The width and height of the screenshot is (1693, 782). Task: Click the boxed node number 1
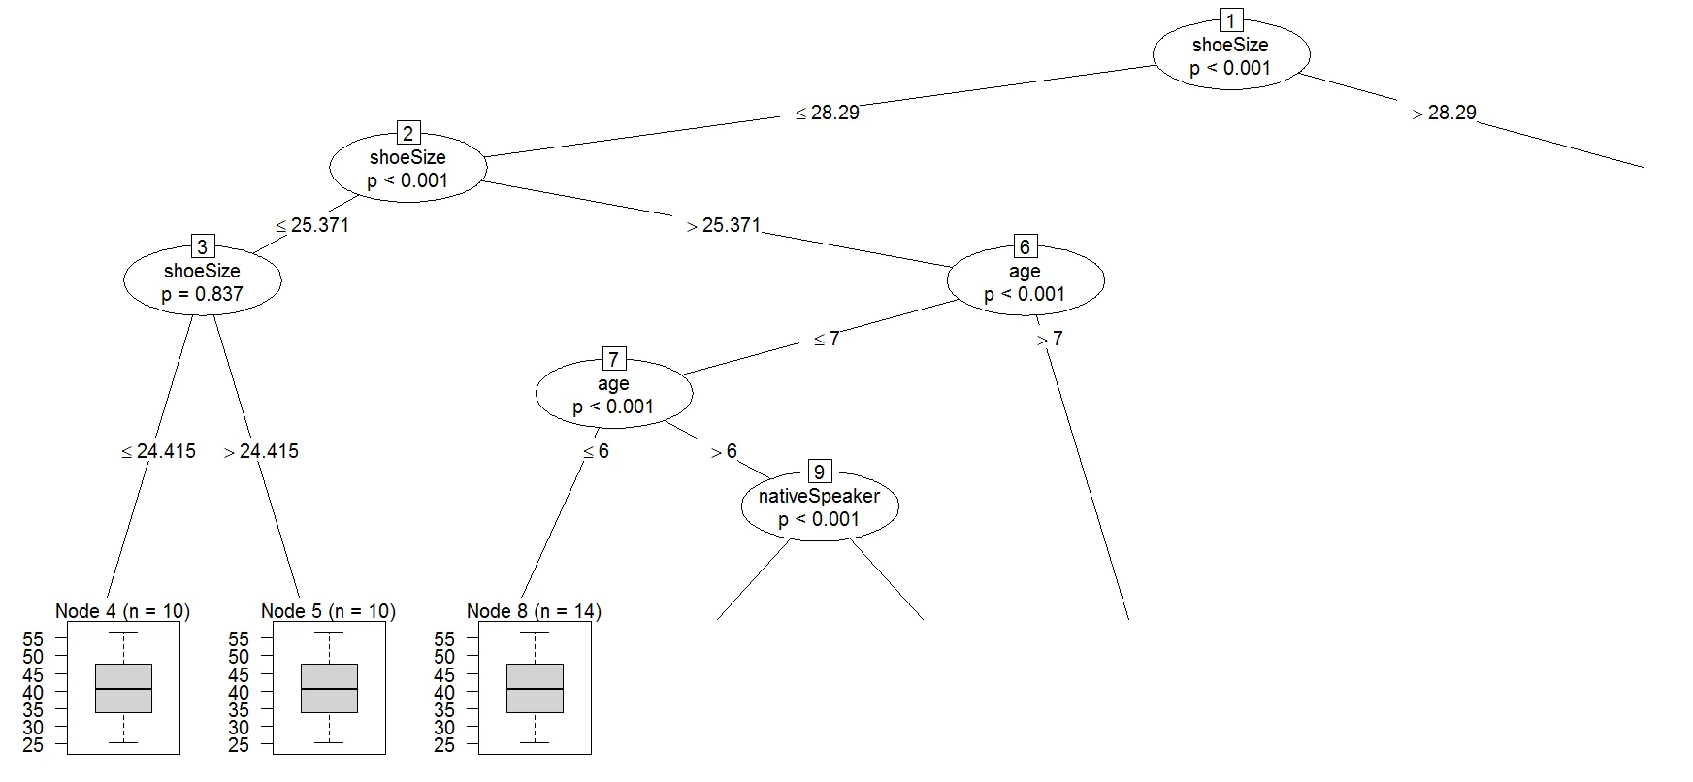1230,20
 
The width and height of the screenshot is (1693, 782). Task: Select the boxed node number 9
819,472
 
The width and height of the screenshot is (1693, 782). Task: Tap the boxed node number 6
1025,246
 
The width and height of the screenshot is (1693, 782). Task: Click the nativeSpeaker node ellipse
820,506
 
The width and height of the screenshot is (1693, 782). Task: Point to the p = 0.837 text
203,294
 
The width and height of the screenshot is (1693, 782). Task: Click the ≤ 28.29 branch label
828,113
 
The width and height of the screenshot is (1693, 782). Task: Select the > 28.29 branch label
1445,113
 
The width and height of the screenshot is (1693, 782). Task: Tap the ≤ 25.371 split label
312,225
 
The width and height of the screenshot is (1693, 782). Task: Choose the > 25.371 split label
724,225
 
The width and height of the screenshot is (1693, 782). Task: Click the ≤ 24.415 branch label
159,451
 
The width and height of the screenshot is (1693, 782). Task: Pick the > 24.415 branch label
262,451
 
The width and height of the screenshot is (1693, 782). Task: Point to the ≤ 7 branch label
827,339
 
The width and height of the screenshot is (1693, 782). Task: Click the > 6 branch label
724,451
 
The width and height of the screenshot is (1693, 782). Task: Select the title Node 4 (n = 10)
123,611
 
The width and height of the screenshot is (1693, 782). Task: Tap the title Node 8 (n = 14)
535,611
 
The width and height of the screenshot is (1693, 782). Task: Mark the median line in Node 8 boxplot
536,689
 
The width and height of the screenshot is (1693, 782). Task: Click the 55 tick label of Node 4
34,639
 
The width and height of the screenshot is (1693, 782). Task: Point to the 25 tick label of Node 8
445,745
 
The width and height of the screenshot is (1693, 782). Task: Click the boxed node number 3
202,246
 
